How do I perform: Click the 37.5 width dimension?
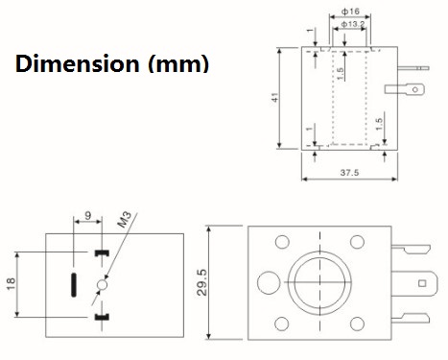tap(349, 174)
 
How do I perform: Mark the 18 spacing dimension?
tap(10, 285)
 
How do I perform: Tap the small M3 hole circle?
tap(104, 285)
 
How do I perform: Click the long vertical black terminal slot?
tap(74, 285)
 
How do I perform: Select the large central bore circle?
tap(321, 283)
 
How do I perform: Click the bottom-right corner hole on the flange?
tap(361, 324)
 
